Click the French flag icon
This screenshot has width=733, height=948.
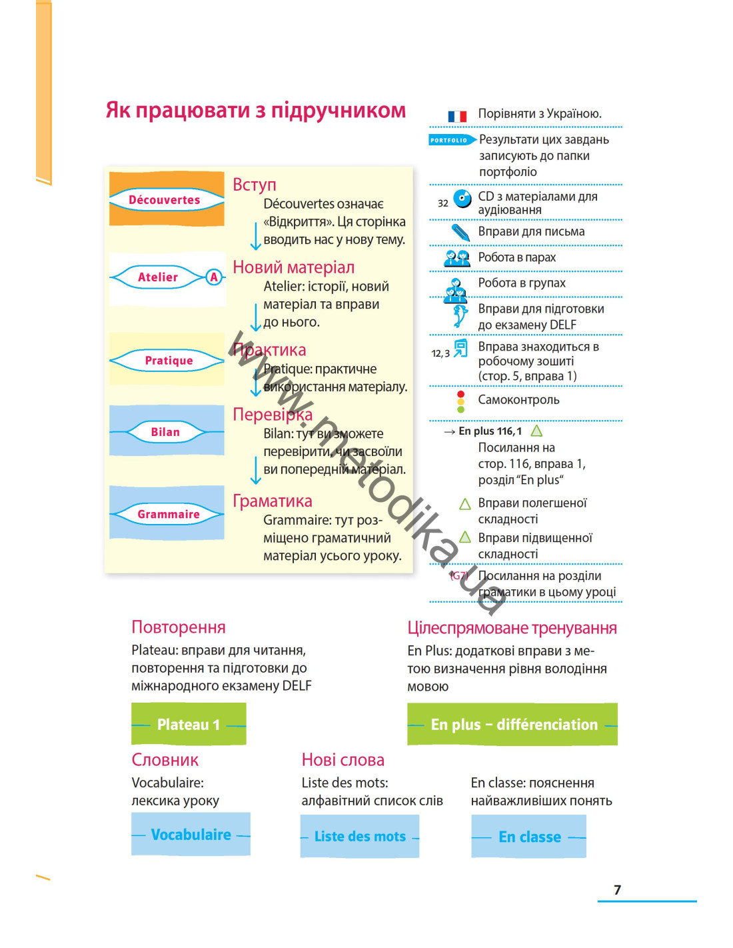(457, 116)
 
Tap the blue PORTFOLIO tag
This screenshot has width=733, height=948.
(451, 140)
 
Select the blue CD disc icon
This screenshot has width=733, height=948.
(462, 199)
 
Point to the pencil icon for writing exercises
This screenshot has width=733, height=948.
(460, 232)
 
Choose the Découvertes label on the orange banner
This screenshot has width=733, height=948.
(165, 200)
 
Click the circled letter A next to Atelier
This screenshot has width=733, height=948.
(214, 277)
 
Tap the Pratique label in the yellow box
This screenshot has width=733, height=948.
(169, 361)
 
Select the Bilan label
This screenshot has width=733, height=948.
(165, 432)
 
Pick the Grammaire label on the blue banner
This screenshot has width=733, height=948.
(169, 514)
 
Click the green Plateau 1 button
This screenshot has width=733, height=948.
(189, 724)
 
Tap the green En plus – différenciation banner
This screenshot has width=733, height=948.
(512, 724)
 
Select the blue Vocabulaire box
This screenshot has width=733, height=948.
(191, 834)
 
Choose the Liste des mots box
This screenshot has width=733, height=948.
(360, 836)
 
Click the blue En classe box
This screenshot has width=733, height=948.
(528, 836)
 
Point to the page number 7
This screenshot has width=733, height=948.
(617, 889)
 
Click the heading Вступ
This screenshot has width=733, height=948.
(254, 185)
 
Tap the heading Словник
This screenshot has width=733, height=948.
(165, 760)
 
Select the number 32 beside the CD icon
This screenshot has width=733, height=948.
(442, 203)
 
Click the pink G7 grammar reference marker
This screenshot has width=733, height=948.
(458, 576)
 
